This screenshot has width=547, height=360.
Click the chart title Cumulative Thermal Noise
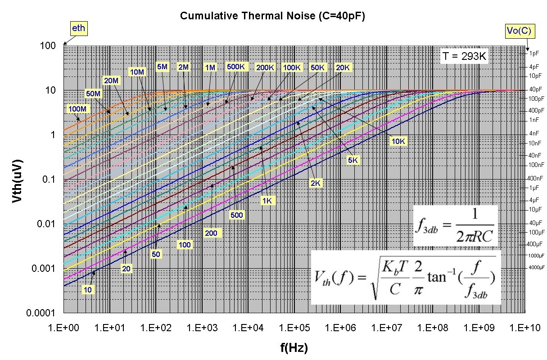[x=272, y=16]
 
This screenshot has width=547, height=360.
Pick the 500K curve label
[x=236, y=67]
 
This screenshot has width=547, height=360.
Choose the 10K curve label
[x=399, y=141]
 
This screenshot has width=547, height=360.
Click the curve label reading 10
[x=88, y=289]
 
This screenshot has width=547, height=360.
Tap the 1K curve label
[x=267, y=201]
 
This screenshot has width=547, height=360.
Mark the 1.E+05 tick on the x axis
[x=294, y=328]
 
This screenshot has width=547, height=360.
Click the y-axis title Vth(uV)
[x=18, y=180]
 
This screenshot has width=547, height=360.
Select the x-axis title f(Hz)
[x=294, y=347]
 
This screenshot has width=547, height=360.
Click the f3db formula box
[x=455, y=225]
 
